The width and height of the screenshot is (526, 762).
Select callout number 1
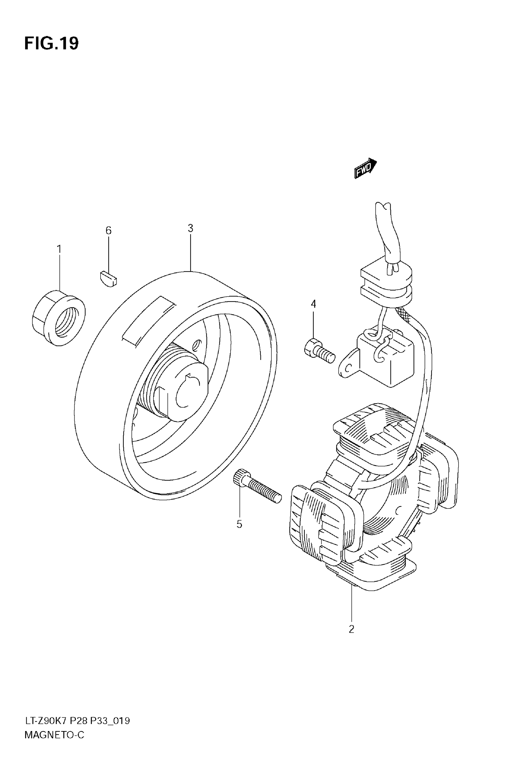tap(59, 249)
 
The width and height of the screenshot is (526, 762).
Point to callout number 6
tap(108, 230)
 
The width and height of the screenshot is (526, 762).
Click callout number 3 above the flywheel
tap(191, 228)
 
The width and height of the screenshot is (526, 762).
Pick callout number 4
tap(313, 304)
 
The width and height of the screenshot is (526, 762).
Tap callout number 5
tap(239, 524)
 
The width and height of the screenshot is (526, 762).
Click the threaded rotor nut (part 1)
tap(59, 318)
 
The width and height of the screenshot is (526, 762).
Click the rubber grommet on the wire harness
tap(386, 285)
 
